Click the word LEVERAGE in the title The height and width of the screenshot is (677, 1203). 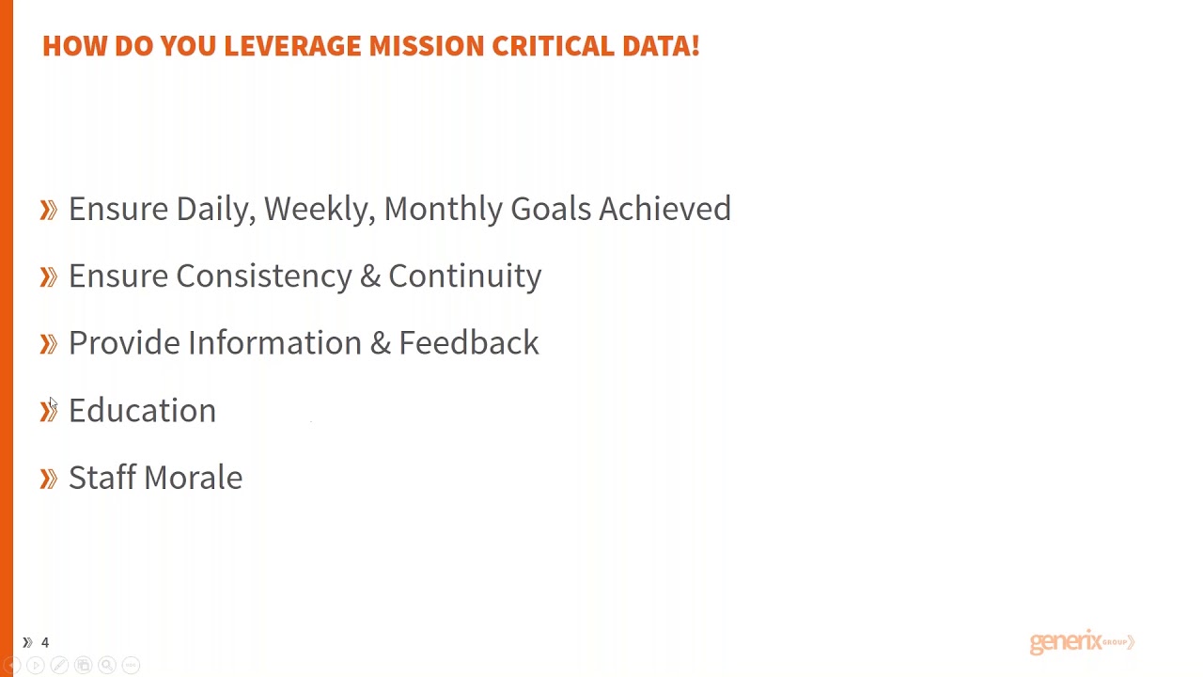292,46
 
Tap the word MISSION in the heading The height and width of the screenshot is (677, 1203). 426,46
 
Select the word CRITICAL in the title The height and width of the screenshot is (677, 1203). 553,46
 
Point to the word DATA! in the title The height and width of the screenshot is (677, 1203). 661,46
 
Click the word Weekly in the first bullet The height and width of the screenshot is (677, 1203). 319,209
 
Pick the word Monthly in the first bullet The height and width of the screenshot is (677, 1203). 443,209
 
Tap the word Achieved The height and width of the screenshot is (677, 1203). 664,209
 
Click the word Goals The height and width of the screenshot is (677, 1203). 551,209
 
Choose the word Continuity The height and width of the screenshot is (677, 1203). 464,276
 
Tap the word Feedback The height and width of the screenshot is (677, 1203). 468,343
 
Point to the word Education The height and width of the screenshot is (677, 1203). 142,411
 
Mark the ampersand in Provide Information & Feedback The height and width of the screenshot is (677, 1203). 380,343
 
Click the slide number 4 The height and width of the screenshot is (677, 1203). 44,642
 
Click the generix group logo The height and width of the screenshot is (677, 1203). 1082,642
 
